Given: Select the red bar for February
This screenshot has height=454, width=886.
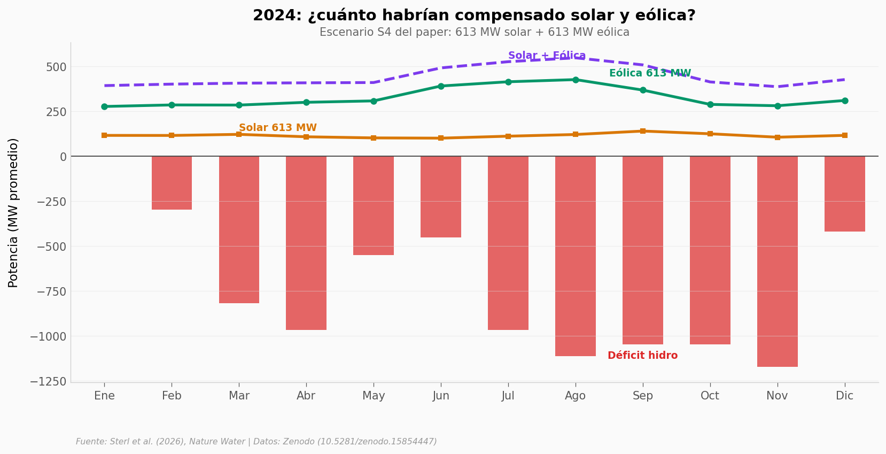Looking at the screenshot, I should point(172,183).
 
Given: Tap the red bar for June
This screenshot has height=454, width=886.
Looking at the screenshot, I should point(441,197).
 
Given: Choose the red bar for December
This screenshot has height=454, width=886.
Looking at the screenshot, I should point(844,194).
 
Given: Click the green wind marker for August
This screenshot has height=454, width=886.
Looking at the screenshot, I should point(576,80).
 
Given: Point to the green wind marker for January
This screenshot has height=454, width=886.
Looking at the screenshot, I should point(104,106).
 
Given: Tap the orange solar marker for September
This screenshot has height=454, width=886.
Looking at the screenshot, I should point(643,131).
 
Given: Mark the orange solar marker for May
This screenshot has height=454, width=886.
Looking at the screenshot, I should point(374,138).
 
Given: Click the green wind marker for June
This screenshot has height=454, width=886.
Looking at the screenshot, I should point(441,86).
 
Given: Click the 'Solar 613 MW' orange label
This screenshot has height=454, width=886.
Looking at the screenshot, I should point(277,128).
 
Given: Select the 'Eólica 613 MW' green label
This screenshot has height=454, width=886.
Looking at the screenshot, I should point(650,73).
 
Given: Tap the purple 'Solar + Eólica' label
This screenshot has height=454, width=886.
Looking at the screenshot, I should point(547,56).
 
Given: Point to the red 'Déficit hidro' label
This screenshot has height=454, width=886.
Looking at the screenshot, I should point(642,356).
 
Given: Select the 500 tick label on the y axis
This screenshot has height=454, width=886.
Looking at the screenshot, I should point(56,67).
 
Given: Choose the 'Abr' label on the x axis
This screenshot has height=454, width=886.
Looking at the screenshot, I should point(306,396).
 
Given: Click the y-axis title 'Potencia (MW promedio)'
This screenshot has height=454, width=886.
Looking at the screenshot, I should point(13,212).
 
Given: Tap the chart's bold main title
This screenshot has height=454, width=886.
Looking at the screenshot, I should point(474,16).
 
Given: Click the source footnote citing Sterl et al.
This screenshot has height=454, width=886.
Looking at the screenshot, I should point(256,442).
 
